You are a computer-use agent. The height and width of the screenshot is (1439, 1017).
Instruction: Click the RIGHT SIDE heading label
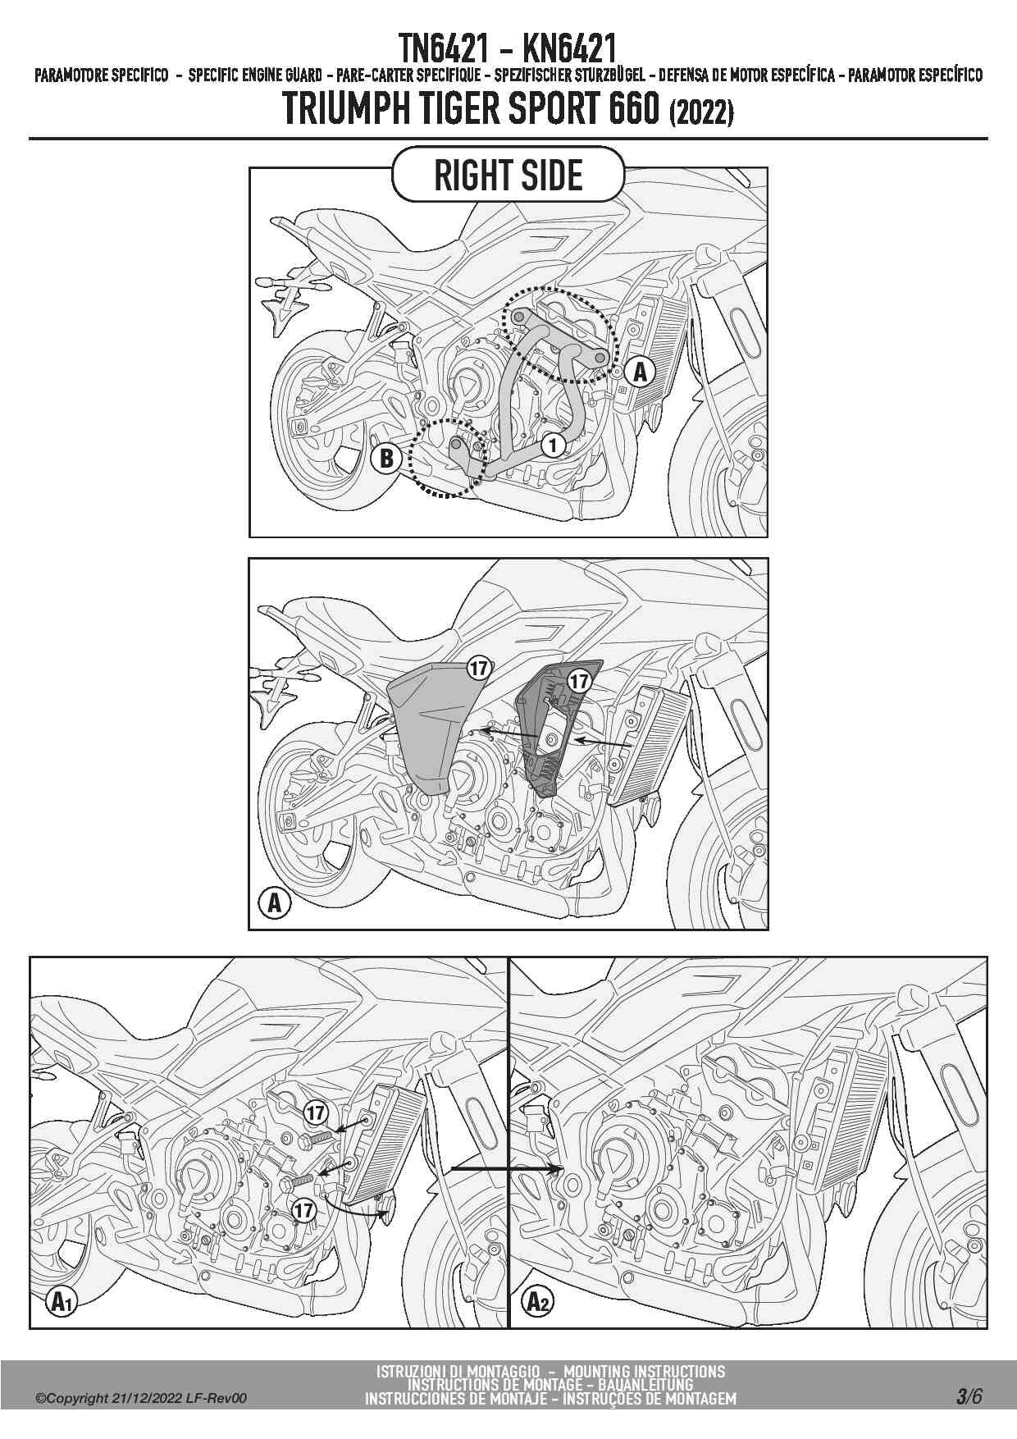508,175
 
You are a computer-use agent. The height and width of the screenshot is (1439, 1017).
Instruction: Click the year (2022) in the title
701,112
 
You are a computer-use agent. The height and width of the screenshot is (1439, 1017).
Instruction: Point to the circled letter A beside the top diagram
640,372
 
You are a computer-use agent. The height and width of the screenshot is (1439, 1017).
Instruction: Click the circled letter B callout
386,457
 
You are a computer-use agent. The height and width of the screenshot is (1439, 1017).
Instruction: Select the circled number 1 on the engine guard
554,445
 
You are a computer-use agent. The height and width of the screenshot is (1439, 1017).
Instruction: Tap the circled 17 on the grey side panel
479,668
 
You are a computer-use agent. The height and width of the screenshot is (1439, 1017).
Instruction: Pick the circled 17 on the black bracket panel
579,681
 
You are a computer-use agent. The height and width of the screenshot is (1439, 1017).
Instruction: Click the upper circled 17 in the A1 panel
316,1112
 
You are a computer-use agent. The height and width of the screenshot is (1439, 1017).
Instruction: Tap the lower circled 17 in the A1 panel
303,1209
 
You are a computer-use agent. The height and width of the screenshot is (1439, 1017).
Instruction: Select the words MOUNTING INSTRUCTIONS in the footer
645,1371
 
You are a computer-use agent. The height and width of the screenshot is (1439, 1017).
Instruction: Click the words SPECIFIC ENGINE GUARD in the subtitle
255,76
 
